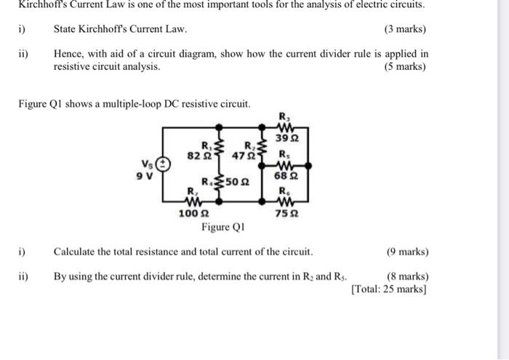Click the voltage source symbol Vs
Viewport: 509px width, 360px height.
point(165,165)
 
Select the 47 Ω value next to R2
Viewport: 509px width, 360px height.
point(241,155)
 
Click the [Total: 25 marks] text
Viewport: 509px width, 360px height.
point(388,289)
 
